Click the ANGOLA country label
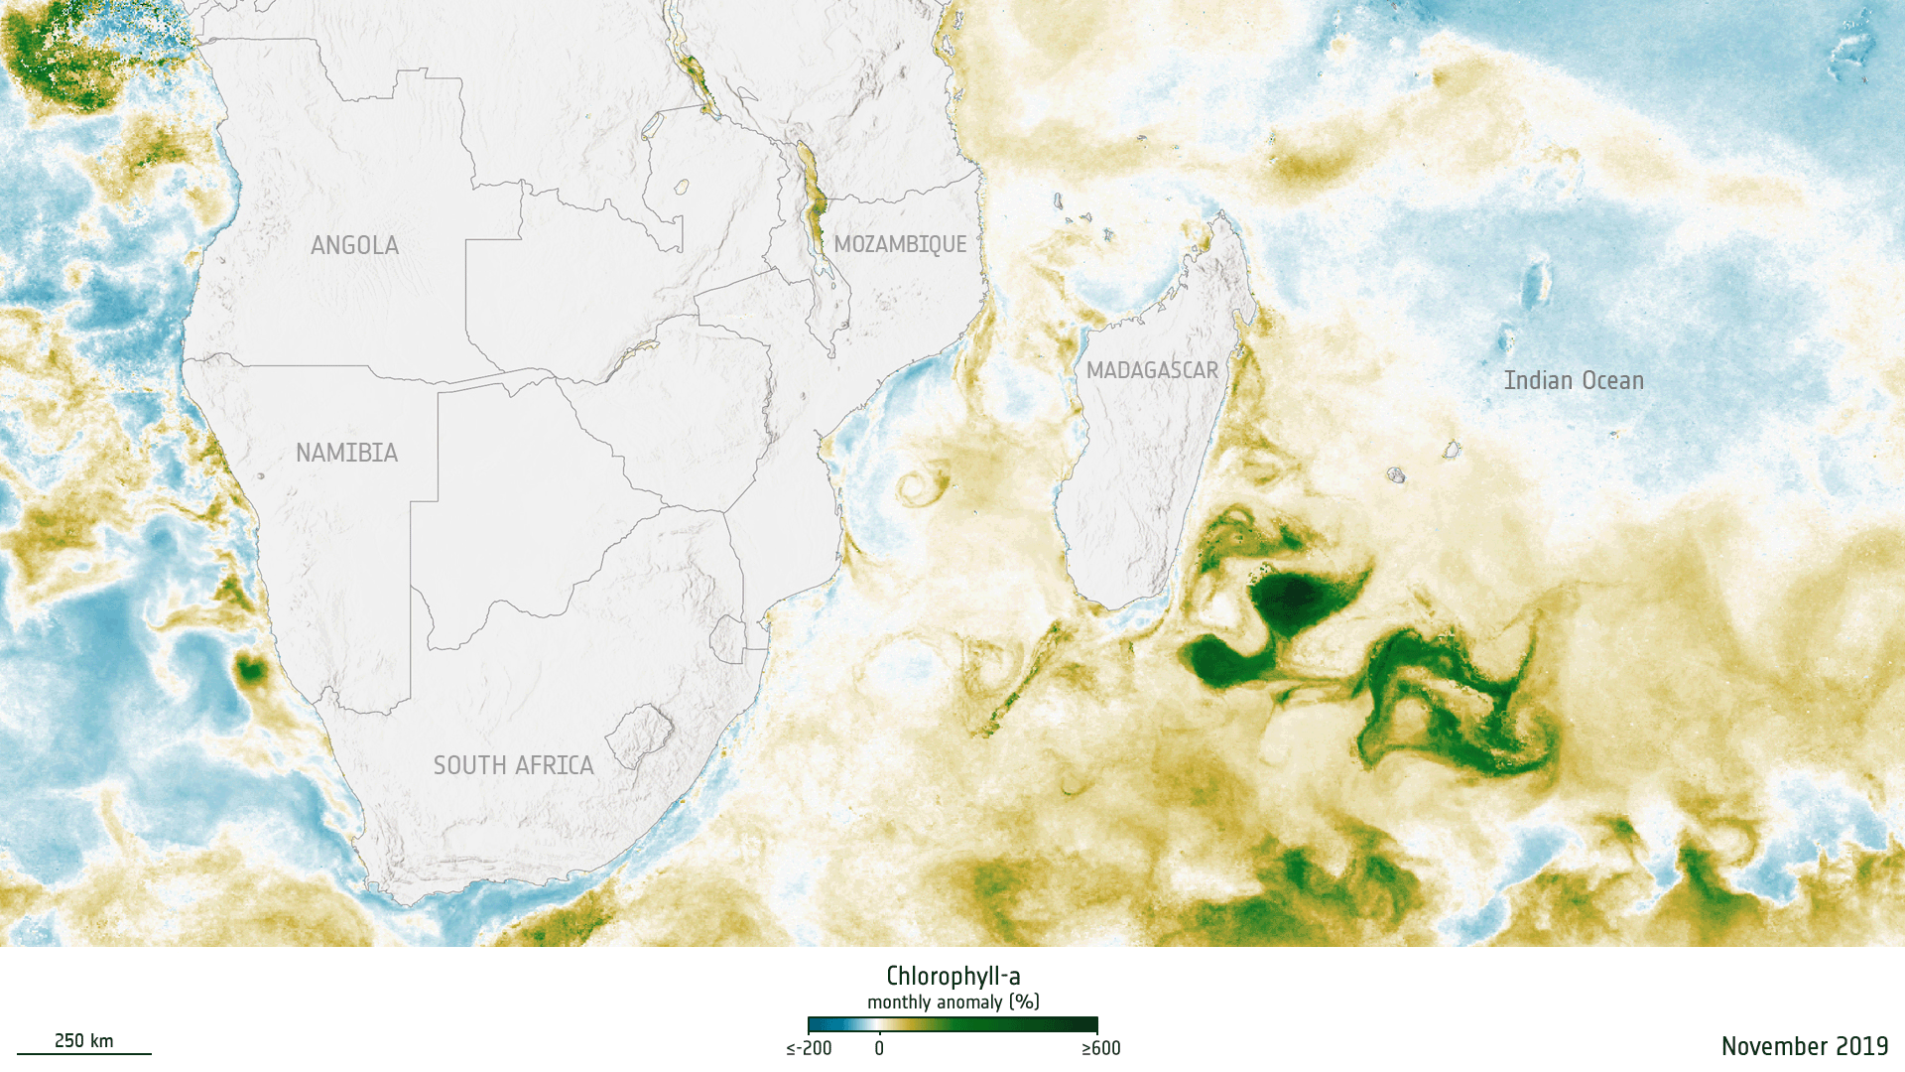point(354,245)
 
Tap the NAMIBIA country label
point(346,453)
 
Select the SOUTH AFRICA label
point(513,765)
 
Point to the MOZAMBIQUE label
point(900,244)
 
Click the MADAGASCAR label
point(1152,370)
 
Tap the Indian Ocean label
point(1574,380)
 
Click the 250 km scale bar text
point(83,1040)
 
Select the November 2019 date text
point(1804,1045)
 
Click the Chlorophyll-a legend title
point(952,976)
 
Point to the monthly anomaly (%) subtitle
point(952,1002)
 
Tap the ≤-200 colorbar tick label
point(809,1048)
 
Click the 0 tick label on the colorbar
point(879,1048)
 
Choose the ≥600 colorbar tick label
point(1100,1048)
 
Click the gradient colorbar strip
point(952,1024)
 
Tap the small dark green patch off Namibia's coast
point(250,671)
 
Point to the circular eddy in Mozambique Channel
point(920,486)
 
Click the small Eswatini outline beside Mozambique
point(728,638)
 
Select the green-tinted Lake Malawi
point(811,199)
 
